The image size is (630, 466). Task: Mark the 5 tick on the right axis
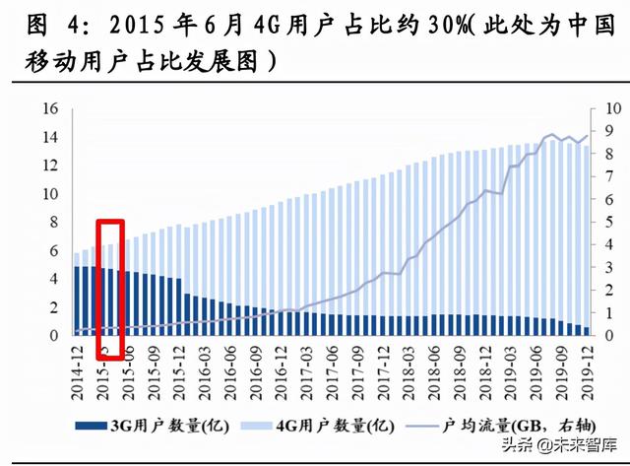(x=608, y=222)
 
